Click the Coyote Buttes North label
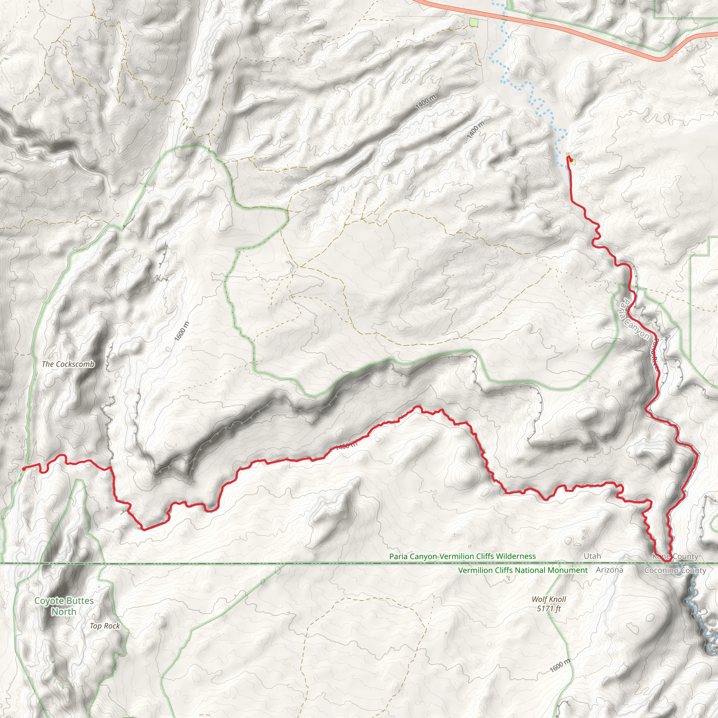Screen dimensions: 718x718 coord(64,606)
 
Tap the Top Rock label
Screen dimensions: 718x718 coord(105,626)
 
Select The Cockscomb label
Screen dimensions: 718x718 coord(68,364)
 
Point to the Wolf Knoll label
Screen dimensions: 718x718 coord(549,599)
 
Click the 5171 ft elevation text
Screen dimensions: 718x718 coord(549,608)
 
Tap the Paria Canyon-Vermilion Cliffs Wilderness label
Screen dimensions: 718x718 coord(462,556)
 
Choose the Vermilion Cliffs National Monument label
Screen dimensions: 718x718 coord(523,570)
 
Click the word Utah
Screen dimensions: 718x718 coord(592,556)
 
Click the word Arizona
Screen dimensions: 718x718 coord(609,570)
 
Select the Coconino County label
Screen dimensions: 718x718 coord(675,570)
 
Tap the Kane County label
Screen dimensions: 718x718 coord(675,556)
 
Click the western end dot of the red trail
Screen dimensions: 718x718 coord(24,469)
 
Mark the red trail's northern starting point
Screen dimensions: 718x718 coord(568,157)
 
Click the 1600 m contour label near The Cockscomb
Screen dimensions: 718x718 coord(182,331)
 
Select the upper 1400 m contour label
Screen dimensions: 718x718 coord(426,102)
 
